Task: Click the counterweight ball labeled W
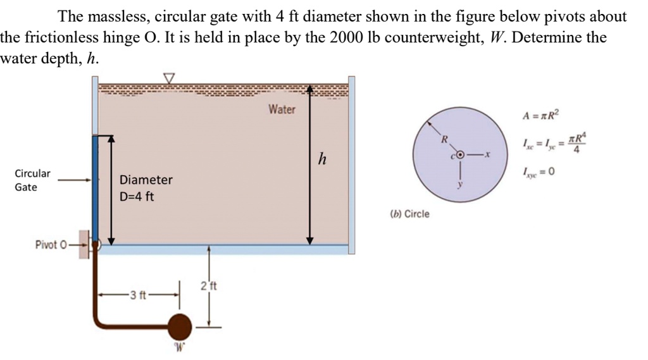click(x=180, y=326)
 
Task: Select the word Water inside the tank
click(x=282, y=109)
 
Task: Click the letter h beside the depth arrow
click(x=322, y=159)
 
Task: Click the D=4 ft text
click(x=137, y=196)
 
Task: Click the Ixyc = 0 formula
click(x=539, y=172)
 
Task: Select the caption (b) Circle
click(x=408, y=214)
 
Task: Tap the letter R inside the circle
click(x=444, y=139)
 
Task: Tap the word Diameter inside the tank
click(x=146, y=180)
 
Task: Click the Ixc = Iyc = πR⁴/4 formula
click(x=553, y=144)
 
